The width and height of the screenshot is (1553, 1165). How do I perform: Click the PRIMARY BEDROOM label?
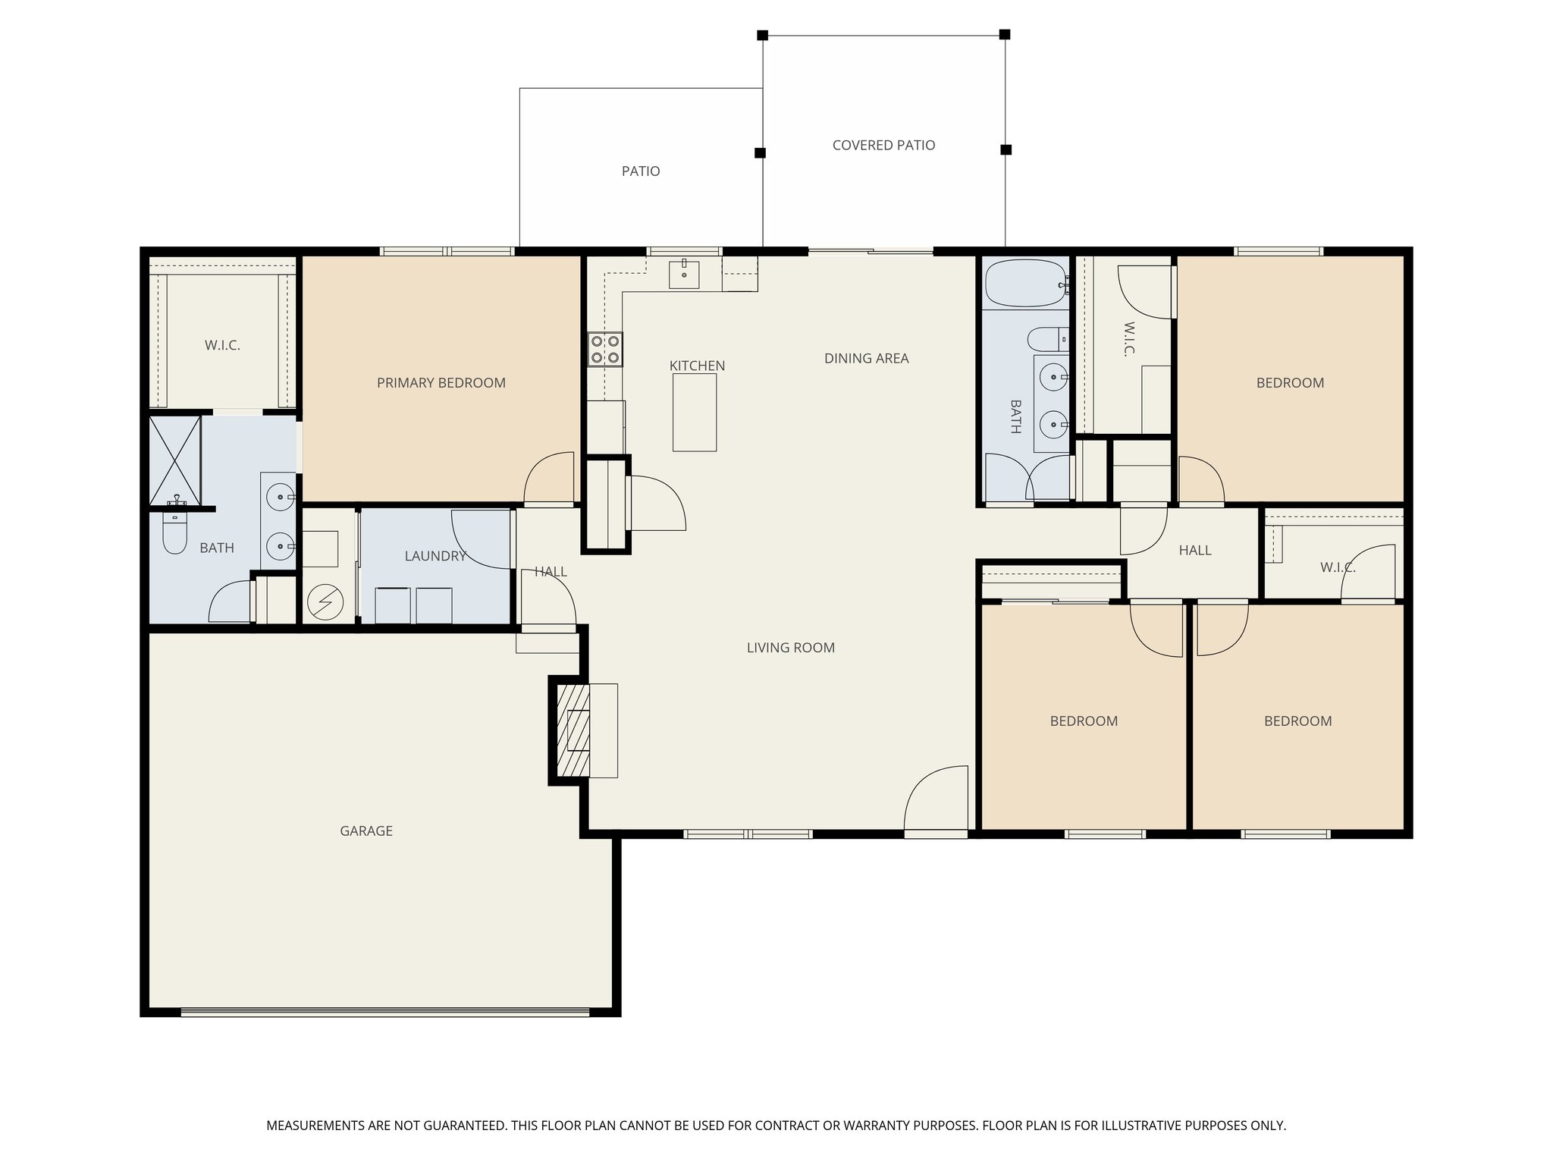pyautogui.click(x=441, y=383)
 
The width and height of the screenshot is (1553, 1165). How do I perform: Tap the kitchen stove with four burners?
pyautogui.click(x=605, y=350)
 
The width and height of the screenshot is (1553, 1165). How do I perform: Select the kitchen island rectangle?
pyautogui.click(x=695, y=413)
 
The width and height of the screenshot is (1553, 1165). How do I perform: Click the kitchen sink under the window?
pyautogui.click(x=684, y=274)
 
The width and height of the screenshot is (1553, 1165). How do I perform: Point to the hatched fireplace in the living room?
pyautogui.click(x=573, y=730)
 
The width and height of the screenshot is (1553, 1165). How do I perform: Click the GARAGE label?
pyautogui.click(x=366, y=831)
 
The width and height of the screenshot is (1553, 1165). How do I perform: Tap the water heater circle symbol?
pyautogui.click(x=325, y=604)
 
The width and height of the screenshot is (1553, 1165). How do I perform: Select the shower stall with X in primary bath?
pyautogui.click(x=174, y=460)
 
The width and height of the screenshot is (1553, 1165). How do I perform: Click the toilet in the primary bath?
pyautogui.click(x=175, y=532)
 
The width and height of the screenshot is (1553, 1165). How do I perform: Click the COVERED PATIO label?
pyautogui.click(x=883, y=146)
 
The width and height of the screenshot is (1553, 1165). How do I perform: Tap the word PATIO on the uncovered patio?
pyautogui.click(x=641, y=171)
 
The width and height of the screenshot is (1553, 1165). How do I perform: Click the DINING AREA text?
pyautogui.click(x=866, y=359)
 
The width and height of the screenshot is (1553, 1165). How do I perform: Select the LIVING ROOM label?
pyautogui.click(x=790, y=648)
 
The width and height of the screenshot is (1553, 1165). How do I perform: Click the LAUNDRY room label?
pyautogui.click(x=435, y=556)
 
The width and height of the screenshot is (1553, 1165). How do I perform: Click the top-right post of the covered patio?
pyautogui.click(x=1004, y=34)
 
